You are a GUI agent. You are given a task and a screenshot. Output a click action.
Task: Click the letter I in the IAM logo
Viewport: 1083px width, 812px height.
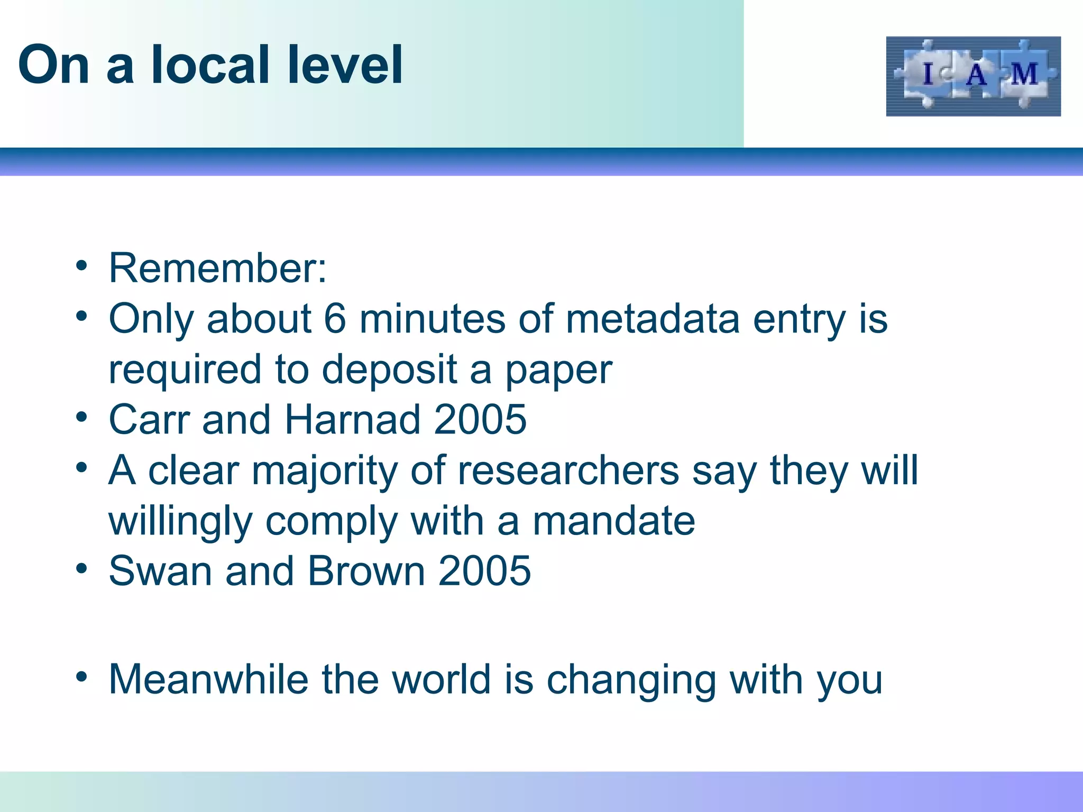click(x=928, y=74)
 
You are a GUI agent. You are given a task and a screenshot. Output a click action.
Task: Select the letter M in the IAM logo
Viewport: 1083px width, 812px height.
click(x=1024, y=74)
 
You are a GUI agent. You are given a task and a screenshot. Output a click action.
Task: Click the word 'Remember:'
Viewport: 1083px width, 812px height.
click(x=217, y=269)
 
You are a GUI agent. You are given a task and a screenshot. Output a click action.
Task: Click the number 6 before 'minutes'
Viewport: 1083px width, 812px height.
click(x=335, y=319)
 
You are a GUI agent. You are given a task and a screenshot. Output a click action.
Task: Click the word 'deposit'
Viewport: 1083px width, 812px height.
click(x=389, y=369)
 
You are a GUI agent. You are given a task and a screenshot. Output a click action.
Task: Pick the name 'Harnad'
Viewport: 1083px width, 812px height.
click(x=353, y=419)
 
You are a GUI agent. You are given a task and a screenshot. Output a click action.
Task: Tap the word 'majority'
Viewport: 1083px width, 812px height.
click(x=324, y=470)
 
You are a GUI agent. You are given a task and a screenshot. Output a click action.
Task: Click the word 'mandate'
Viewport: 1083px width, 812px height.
click(x=613, y=521)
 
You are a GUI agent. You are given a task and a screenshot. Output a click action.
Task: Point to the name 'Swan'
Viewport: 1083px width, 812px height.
click(x=160, y=571)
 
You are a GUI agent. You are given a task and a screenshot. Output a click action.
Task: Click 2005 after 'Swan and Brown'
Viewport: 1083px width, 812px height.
click(x=484, y=571)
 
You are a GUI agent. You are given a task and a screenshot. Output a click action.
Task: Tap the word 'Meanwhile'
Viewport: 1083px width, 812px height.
click(x=208, y=679)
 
